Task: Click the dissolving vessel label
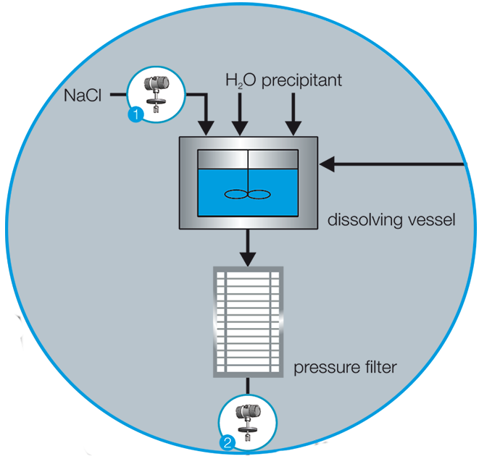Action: pyautogui.click(x=391, y=219)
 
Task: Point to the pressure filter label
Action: pyautogui.click(x=345, y=368)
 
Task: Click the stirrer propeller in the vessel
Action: pyautogui.click(x=247, y=193)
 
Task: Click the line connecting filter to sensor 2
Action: pyautogui.click(x=248, y=387)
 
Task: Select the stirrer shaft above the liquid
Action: pyautogui.click(x=248, y=161)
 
